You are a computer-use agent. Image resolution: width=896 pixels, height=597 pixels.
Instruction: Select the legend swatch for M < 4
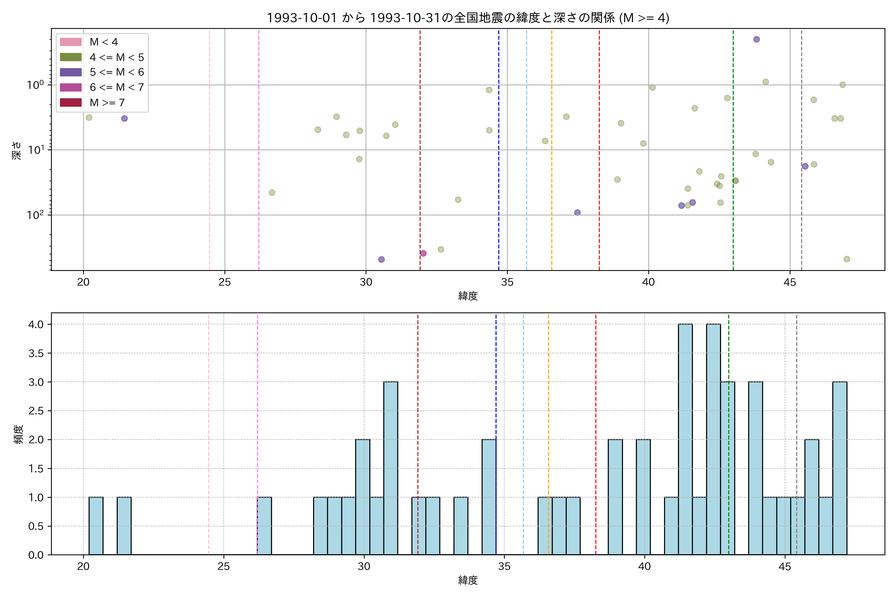[71, 42]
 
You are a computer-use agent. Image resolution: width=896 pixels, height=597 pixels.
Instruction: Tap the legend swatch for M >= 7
[71, 102]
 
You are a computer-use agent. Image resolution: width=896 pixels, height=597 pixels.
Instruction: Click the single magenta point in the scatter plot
[423, 253]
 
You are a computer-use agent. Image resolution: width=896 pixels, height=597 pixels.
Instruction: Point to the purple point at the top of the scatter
[757, 39]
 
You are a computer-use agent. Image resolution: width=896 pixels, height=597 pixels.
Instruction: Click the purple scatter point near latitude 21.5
[125, 118]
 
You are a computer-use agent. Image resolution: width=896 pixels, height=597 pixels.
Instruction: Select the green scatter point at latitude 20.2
[89, 118]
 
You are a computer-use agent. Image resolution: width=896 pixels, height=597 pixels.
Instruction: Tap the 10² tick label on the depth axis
[35, 215]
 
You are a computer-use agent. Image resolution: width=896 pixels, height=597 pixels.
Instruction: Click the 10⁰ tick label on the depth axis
[35, 85]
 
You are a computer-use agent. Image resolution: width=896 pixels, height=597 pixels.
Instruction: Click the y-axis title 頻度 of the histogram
[18, 434]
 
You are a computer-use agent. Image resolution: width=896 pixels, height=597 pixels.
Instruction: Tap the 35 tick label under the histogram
[504, 567]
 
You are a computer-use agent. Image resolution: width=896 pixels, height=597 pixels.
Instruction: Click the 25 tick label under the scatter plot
[225, 282]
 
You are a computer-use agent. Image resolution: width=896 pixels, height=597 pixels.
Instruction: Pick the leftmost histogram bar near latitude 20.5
[96, 526]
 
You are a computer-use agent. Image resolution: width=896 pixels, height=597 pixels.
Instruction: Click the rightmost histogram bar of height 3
[840, 468]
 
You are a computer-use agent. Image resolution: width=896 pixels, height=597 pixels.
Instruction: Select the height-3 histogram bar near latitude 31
[391, 468]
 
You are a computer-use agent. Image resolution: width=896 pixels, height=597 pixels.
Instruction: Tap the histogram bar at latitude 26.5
[264, 526]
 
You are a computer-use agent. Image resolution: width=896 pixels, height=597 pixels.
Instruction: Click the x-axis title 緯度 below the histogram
[468, 580]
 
